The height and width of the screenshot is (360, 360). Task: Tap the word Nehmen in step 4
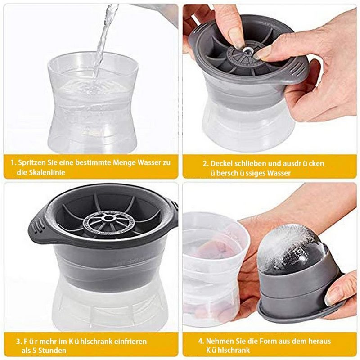(x=220, y=341)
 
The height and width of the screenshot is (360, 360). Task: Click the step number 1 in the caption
(x=13, y=162)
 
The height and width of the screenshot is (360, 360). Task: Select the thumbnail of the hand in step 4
(x=335, y=295)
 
